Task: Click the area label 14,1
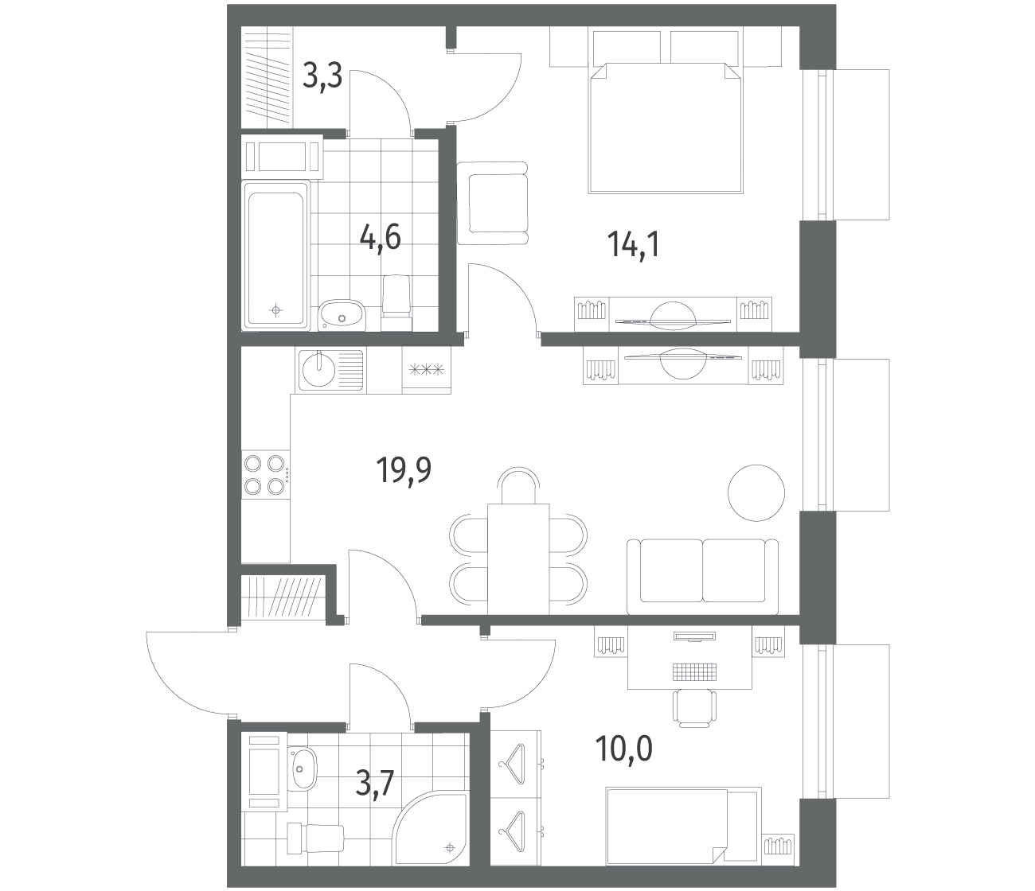click(x=634, y=245)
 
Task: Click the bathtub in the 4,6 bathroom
click(x=276, y=255)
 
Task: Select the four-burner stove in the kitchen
click(x=265, y=474)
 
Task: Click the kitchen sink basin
click(x=318, y=370)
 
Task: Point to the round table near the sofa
click(x=756, y=492)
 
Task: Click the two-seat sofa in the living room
click(x=702, y=576)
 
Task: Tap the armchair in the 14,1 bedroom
click(x=493, y=203)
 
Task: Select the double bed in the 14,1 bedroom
click(x=666, y=127)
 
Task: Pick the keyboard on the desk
click(x=694, y=671)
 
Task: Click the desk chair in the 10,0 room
click(x=694, y=708)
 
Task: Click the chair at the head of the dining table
click(x=519, y=485)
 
